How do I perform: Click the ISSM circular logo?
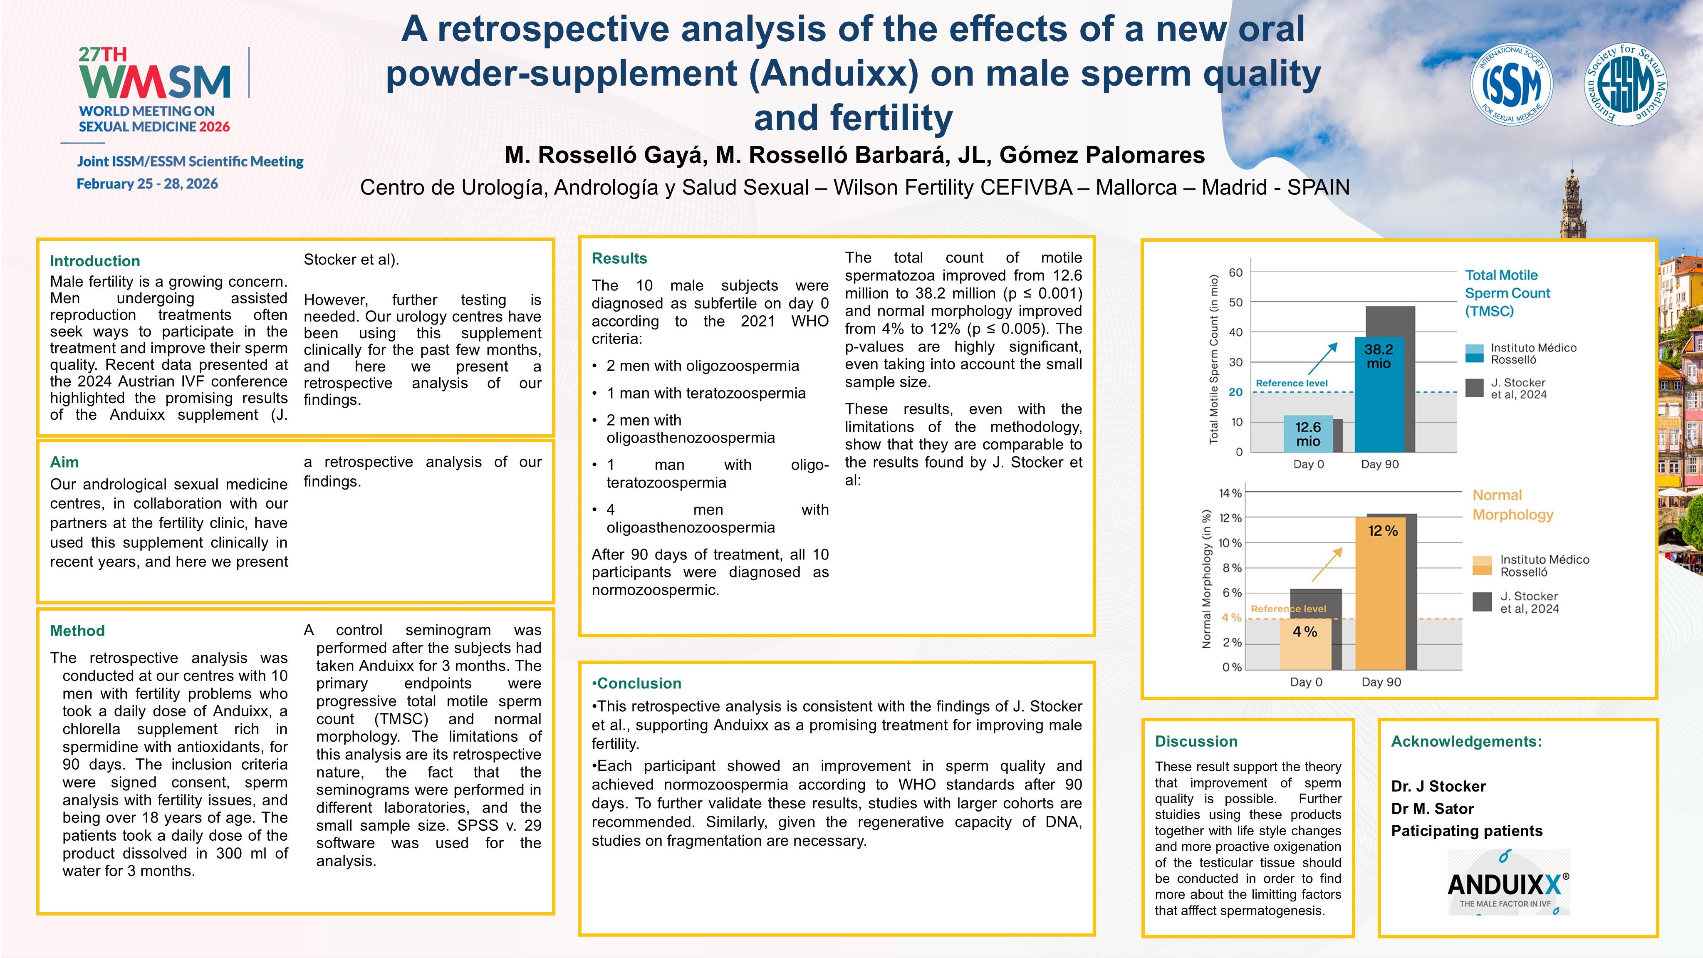[x=1511, y=84]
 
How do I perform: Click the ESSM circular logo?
[x=1626, y=84]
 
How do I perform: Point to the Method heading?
[x=77, y=631]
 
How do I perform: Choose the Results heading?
[x=619, y=258]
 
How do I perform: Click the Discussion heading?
[x=1196, y=742]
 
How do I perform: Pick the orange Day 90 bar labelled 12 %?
[x=1381, y=595]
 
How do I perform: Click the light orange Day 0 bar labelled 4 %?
[x=1305, y=645]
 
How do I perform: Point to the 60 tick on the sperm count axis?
[x=1235, y=272]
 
